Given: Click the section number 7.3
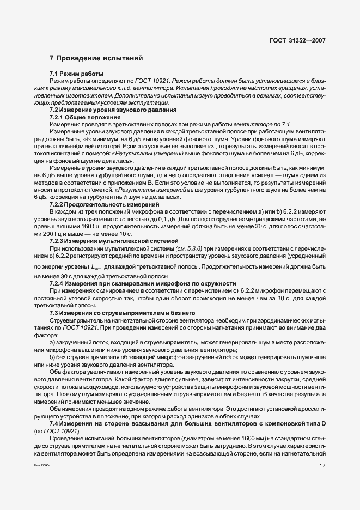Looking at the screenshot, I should (55, 313).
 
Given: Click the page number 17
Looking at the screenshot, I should (322, 465).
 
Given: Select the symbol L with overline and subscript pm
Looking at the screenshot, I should (96, 266).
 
